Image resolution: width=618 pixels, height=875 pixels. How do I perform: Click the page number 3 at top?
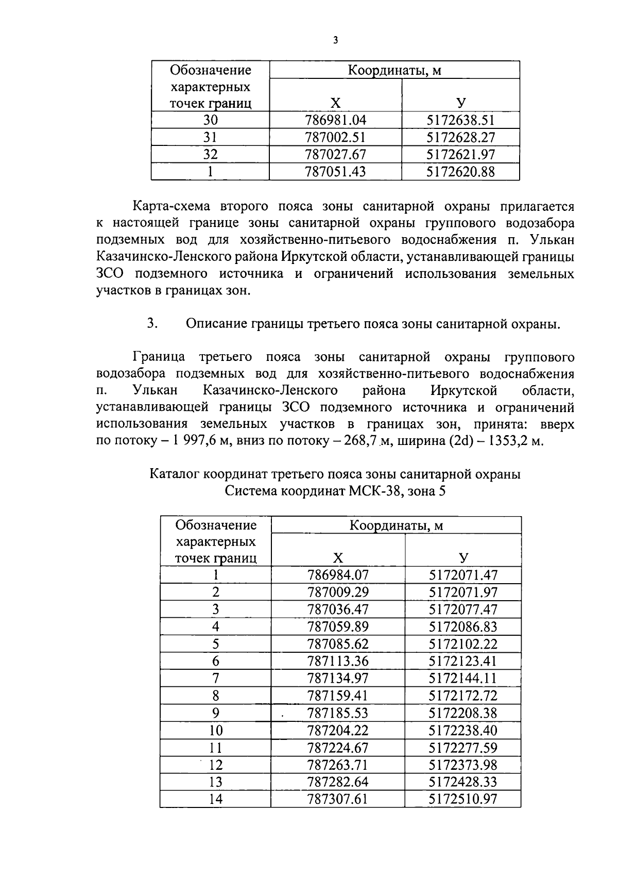tap(335, 40)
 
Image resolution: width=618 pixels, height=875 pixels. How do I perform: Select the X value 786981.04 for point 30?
tap(335, 120)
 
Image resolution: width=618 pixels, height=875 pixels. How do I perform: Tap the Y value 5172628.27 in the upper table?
tap(460, 137)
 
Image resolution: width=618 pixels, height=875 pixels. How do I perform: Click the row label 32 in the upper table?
tap(210, 154)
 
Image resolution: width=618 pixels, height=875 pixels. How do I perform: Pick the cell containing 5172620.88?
tap(460, 171)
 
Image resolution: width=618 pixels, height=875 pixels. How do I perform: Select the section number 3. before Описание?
tap(152, 324)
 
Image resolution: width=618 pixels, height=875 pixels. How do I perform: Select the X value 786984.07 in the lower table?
tap(338, 574)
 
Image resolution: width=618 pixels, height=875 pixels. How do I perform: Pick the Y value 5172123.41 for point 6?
tap(463, 661)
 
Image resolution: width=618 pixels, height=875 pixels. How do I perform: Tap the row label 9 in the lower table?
tap(215, 713)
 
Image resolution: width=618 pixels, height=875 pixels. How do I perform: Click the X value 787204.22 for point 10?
tap(338, 730)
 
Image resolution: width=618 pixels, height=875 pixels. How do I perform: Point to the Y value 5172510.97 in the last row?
tap(463, 799)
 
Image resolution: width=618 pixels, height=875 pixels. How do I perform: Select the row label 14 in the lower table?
tap(215, 799)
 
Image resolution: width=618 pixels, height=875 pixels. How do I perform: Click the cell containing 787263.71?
tap(338, 765)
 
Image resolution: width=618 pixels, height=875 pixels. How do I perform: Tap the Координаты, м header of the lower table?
tap(396, 525)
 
